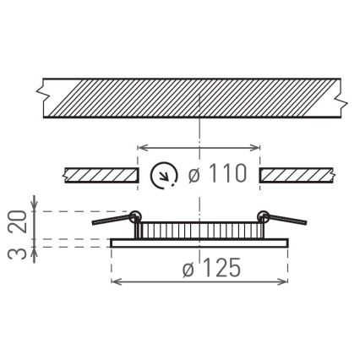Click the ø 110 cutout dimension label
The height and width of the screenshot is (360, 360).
point(217,175)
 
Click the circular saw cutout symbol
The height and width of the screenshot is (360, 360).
point(163,176)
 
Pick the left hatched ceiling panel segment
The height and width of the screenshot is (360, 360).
point(101,176)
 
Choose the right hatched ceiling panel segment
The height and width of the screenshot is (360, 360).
point(297,176)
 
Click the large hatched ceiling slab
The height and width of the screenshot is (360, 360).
point(190,97)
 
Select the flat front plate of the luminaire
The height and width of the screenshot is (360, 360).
point(199,243)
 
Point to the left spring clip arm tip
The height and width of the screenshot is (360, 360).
point(95,222)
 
